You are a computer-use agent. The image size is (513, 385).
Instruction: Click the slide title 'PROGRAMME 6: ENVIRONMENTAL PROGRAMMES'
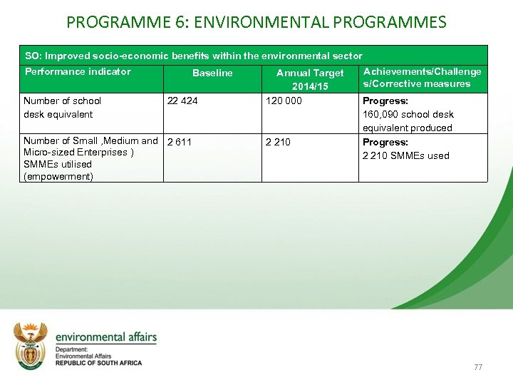[256, 21]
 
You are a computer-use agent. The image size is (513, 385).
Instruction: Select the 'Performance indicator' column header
[78, 71]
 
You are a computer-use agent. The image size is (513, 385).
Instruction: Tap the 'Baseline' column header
[212, 73]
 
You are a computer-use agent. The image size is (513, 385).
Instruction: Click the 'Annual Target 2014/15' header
[310, 78]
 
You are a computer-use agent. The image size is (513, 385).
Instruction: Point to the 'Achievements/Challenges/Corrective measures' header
[422, 77]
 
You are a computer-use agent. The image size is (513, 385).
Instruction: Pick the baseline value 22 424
[182, 101]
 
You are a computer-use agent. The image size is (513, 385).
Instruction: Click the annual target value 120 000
[284, 101]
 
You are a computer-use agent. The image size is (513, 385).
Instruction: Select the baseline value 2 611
[179, 142]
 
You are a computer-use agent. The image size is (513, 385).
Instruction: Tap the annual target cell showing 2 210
[278, 142]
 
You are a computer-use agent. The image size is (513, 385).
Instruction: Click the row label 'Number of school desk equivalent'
[62, 107]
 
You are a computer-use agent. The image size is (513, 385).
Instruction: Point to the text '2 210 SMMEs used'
[406, 155]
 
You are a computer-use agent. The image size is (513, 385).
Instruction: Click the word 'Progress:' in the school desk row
[385, 101]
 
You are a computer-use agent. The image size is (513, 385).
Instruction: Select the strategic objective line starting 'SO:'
[193, 56]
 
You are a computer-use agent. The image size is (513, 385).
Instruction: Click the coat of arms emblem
[31, 346]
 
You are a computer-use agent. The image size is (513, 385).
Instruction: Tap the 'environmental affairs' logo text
[105, 337]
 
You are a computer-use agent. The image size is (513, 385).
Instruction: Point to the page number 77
[477, 367]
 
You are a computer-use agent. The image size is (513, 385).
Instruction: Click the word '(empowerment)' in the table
[58, 176]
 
